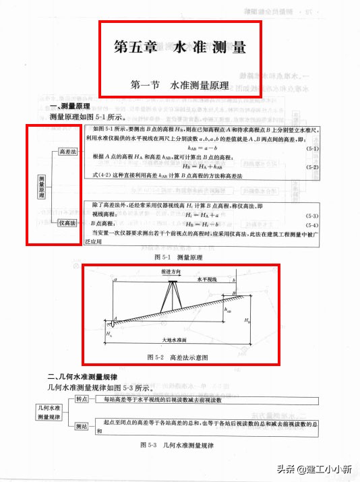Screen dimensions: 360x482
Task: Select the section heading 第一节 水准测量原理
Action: pyautogui.click(x=179, y=86)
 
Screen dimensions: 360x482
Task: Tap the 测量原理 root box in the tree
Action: pyautogui.click(x=42, y=185)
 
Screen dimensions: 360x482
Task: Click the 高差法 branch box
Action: pyautogui.click(x=67, y=152)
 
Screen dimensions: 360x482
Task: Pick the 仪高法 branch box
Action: pyautogui.click(x=67, y=223)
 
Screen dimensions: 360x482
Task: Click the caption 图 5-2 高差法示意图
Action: pyautogui.click(x=177, y=357)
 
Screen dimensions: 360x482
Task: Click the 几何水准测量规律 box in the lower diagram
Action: pyautogui.click(x=49, y=413)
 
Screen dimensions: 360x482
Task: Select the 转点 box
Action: pyautogui.click(x=82, y=398)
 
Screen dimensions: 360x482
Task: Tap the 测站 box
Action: pyautogui.click(x=82, y=426)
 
